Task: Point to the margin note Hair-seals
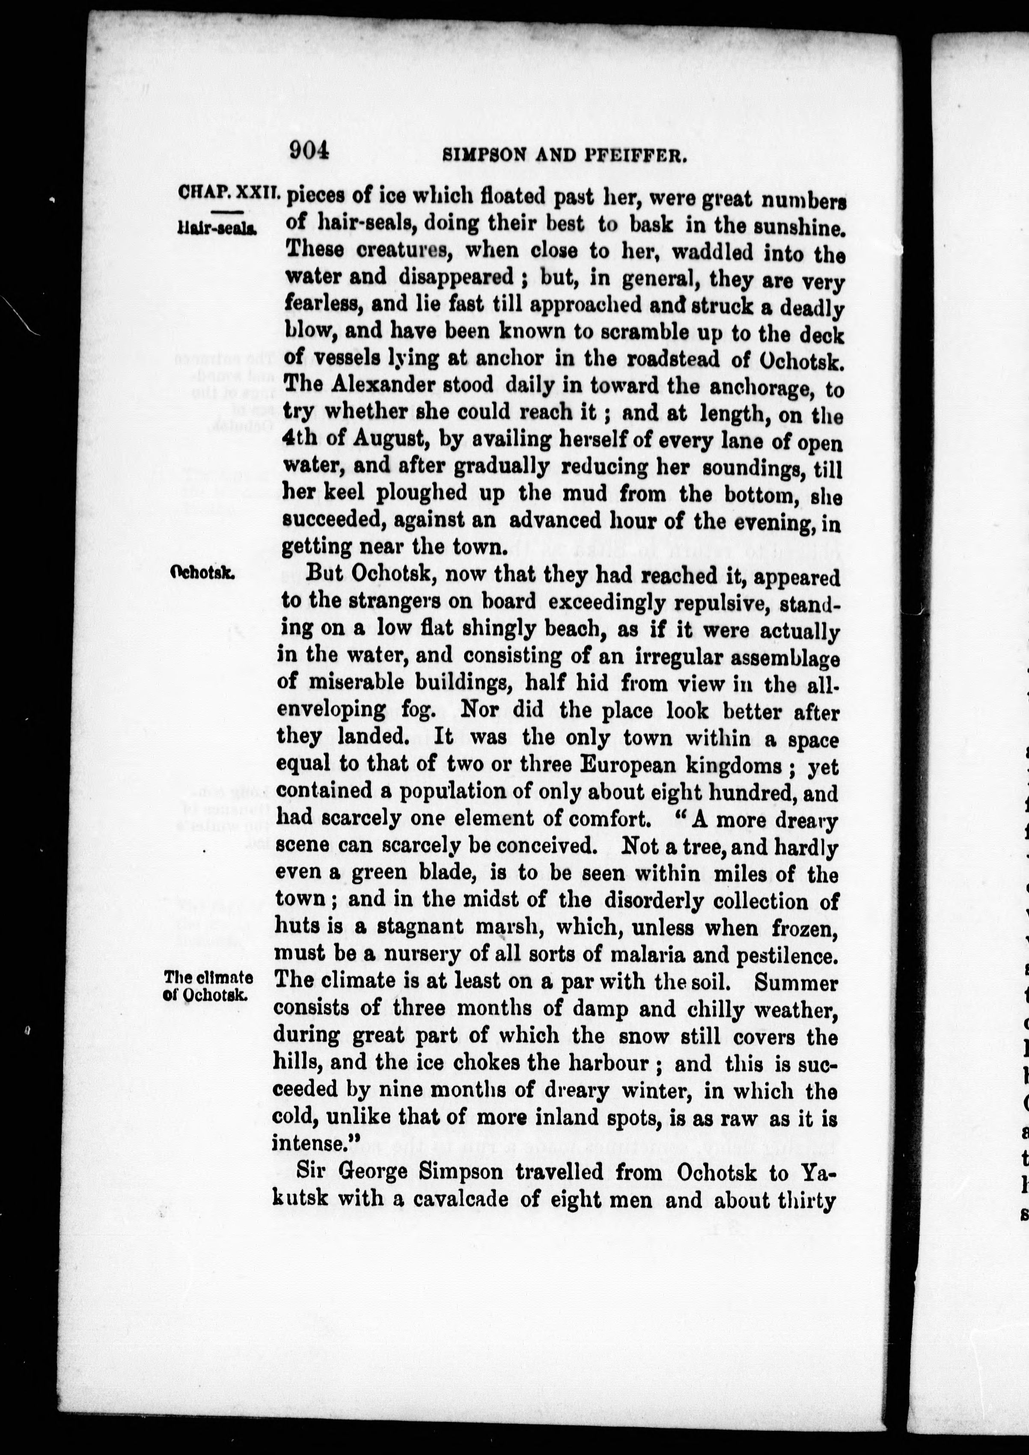pyautogui.click(x=217, y=229)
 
